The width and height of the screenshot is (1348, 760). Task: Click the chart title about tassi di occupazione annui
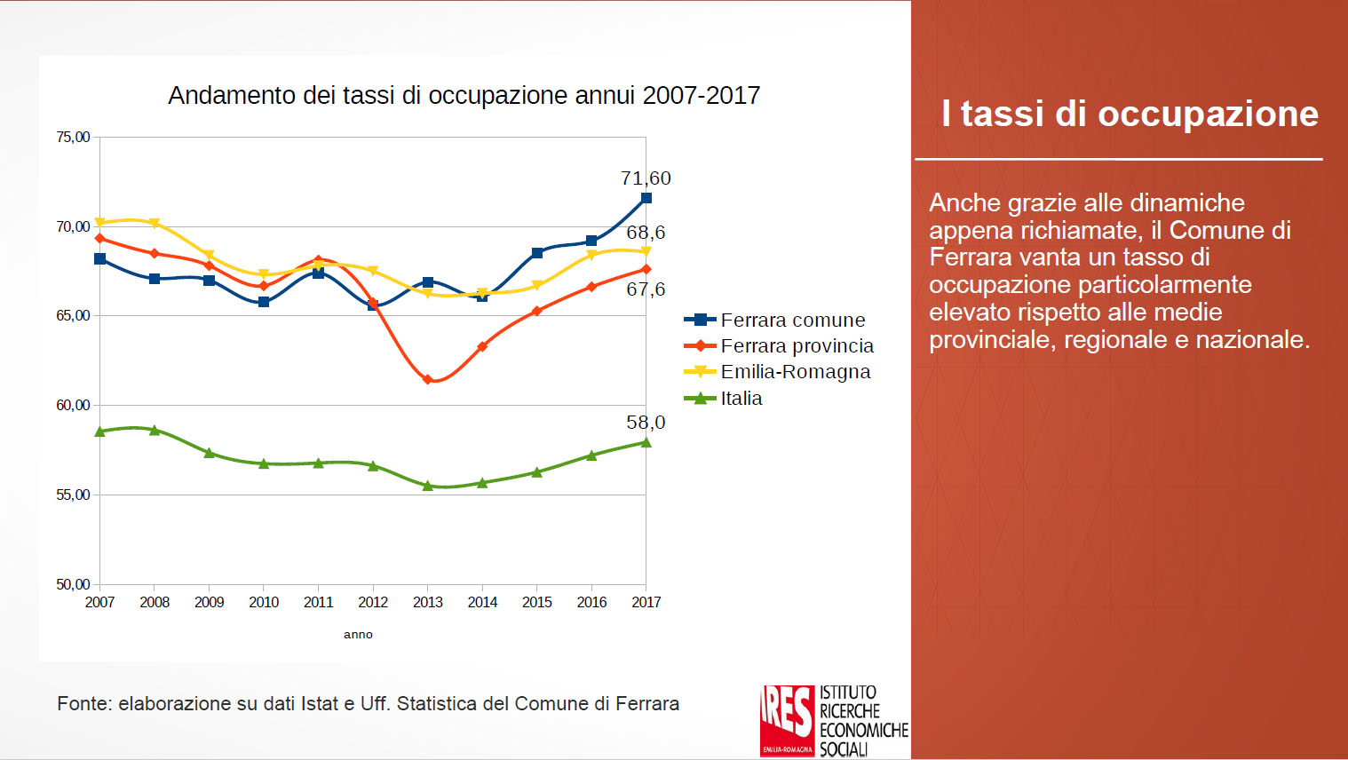(464, 96)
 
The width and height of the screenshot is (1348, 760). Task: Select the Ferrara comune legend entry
(792, 320)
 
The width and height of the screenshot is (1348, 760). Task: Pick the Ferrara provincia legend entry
(797, 345)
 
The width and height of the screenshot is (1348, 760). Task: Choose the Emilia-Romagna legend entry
(795, 371)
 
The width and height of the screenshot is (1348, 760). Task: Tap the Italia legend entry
(741, 398)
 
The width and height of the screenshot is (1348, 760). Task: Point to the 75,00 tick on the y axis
(73, 137)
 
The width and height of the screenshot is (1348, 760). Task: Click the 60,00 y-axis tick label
(73, 405)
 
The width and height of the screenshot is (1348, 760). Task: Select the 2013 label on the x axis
(427, 602)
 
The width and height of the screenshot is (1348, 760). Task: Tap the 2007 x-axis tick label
(99, 602)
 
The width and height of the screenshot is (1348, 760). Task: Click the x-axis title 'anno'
(358, 634)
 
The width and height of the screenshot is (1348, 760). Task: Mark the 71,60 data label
(646, 178)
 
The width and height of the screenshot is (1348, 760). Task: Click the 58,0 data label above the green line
(646, 423)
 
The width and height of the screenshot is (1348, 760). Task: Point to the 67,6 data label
(646, 289)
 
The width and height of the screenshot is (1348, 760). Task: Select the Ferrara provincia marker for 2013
(427, 379)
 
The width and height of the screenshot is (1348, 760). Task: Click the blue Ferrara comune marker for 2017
(646, 198)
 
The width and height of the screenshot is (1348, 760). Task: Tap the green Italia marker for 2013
(427, 486)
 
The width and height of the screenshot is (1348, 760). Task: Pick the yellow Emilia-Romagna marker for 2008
(155, 223)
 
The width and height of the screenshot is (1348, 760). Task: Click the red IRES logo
(787, 719)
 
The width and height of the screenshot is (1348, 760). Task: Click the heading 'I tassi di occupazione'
(1130, 114)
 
